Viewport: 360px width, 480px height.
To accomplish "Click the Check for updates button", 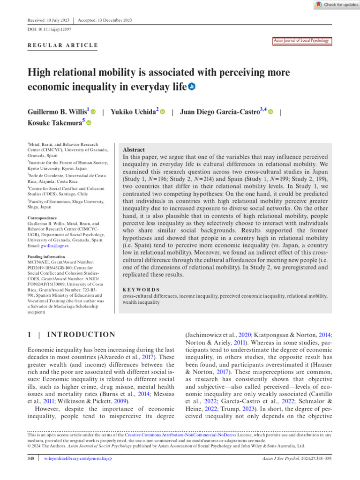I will point(337,4).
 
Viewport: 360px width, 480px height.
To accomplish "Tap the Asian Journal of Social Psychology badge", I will point(301,41).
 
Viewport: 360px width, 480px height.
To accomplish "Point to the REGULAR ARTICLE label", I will point(62,45).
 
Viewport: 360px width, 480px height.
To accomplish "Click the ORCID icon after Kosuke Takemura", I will point(89,123).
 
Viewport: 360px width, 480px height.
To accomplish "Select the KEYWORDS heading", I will point(140,290).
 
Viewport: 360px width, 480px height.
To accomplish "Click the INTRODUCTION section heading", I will point(82,334).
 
